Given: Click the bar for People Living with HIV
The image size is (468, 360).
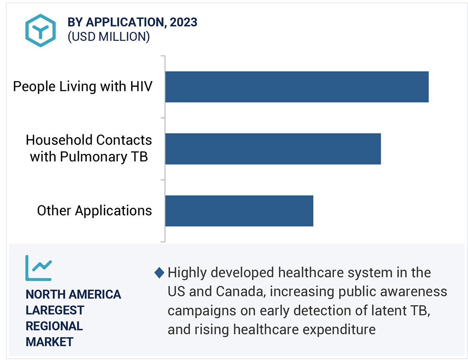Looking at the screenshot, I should [x=297, y=87].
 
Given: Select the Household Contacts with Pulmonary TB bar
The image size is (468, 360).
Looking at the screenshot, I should [x=273, y=149].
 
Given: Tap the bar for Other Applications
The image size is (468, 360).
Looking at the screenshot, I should [x=239, y=211].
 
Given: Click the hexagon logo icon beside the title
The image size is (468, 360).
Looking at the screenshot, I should [x=40, y=30].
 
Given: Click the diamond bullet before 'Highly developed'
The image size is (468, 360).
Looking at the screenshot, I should [x=159, y=273].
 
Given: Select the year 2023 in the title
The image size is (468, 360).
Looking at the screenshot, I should [x=184, y=22].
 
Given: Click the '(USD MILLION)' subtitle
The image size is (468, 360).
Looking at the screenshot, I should [x=109, y=37].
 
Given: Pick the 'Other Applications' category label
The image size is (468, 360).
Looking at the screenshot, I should [x=94, y=210].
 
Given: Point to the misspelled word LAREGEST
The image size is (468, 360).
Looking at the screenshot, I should [x=55, y=310].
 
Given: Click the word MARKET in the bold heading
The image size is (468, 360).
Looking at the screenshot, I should [x=50, y=342].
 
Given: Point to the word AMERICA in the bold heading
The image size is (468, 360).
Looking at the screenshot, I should [x=94, y=294].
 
